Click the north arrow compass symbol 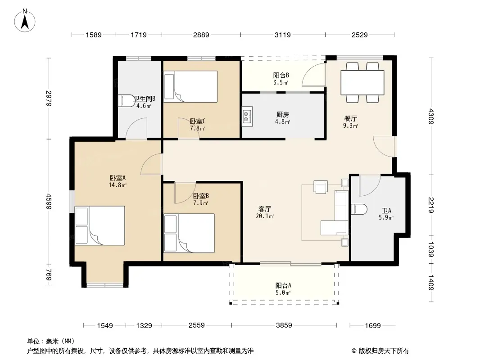25,21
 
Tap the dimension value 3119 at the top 282,35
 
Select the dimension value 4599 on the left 49,201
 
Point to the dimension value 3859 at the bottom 284,325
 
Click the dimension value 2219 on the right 431,205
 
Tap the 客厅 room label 264,209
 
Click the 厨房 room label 282,114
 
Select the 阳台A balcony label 283,285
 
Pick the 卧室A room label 118,178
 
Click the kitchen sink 247,116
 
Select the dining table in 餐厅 362,83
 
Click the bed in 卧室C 190,86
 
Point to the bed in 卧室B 189,233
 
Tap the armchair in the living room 321,187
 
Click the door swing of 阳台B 313,75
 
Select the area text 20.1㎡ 265,216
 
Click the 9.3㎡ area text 350,126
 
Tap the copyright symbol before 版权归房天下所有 354,351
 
